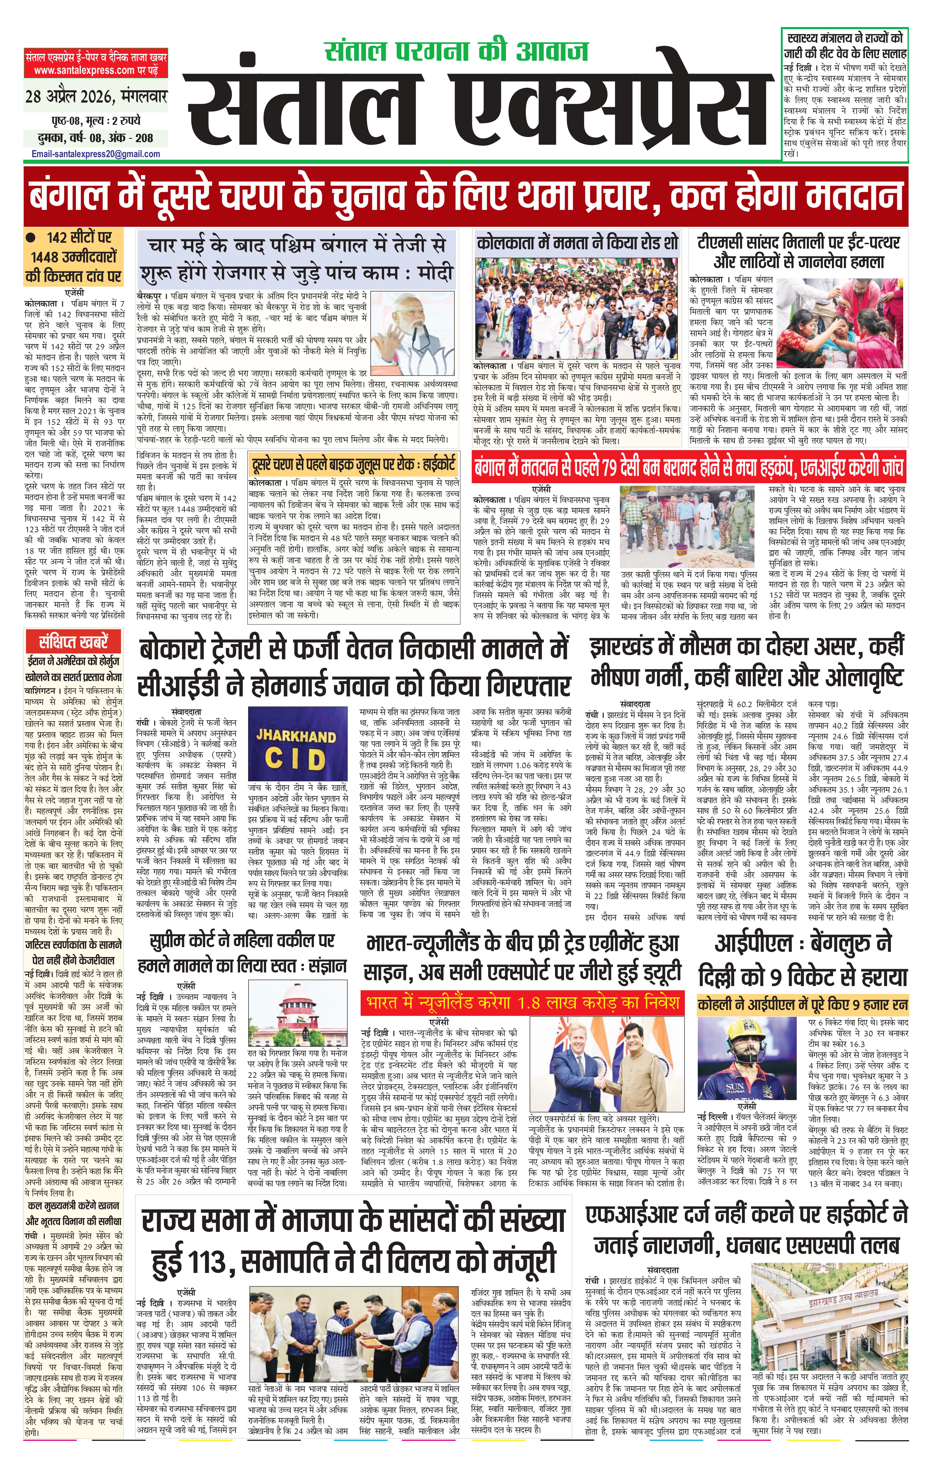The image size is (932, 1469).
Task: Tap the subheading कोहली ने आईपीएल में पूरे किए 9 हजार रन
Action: tap(803, 1004)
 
